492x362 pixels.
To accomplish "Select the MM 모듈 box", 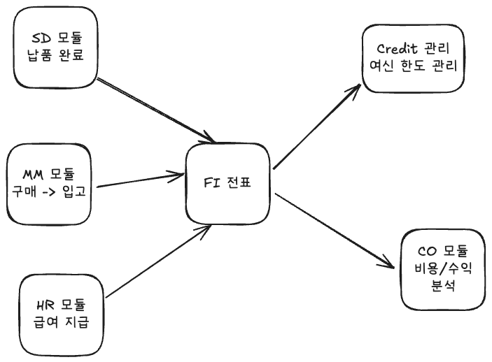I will [53, 182].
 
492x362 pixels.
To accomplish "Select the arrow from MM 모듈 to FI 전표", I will [140, 180].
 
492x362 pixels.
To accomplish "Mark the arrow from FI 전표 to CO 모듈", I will [332, 231].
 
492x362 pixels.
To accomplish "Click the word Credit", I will [398, 49].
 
